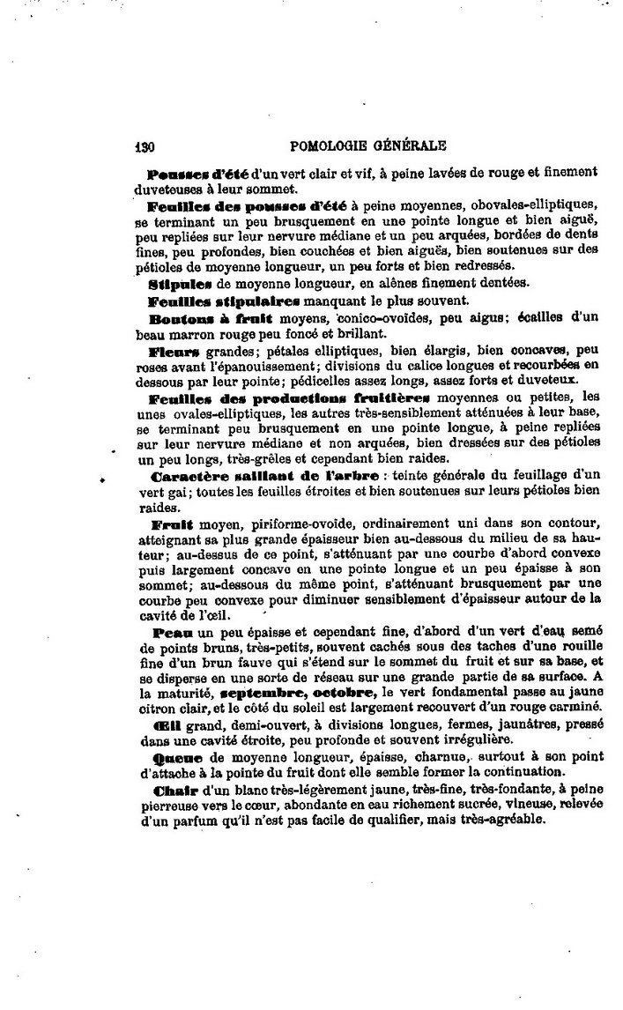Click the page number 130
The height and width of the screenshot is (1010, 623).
(145, 147)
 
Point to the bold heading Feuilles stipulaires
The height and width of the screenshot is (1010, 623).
(213, 301)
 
